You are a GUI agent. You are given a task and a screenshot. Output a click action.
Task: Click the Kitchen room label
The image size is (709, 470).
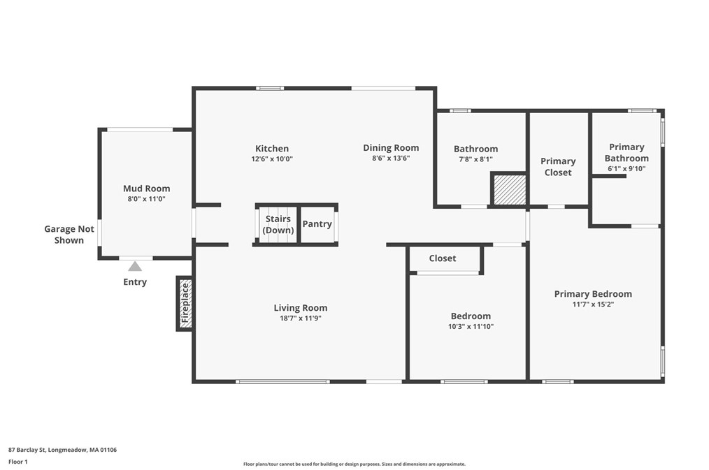(272, 149)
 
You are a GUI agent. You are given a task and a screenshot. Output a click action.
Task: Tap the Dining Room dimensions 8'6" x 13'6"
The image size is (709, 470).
(391, 159)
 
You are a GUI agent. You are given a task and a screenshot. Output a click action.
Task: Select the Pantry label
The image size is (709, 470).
(317, 224)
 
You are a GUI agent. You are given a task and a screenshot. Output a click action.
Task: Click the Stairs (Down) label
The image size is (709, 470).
(278, 224)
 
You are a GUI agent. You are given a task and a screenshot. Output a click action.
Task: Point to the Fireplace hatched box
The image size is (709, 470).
(185, 303)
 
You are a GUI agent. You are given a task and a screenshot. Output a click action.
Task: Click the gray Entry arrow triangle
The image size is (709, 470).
(135, 266)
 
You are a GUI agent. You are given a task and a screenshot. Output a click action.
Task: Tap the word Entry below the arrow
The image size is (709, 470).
(135, 282)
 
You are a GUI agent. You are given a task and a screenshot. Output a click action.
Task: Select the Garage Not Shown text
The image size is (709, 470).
(69, 235)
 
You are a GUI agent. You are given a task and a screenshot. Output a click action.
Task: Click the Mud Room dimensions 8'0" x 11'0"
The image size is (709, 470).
(147, 198)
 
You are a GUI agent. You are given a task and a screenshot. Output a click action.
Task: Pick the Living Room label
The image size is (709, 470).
(300, 308)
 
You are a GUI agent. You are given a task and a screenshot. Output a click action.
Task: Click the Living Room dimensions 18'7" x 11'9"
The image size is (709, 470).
(300, 318)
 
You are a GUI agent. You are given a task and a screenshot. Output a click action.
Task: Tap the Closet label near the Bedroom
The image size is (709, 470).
(442, 258)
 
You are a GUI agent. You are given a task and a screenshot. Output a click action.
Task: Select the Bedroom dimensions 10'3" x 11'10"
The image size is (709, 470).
(471, 326)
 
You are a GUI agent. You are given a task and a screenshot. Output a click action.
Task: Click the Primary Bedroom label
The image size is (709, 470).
(593, 294)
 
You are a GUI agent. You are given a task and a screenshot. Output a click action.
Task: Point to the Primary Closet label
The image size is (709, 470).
(558, 167)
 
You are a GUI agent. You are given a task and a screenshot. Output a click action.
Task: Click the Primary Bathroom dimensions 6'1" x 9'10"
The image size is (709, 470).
(626, 168)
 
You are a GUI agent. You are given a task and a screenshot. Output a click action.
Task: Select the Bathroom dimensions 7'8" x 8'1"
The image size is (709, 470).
(475, 159)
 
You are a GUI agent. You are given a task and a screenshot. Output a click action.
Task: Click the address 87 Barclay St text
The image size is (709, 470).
(27, 450)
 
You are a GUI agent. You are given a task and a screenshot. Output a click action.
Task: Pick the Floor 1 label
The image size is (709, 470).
(18, 462)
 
